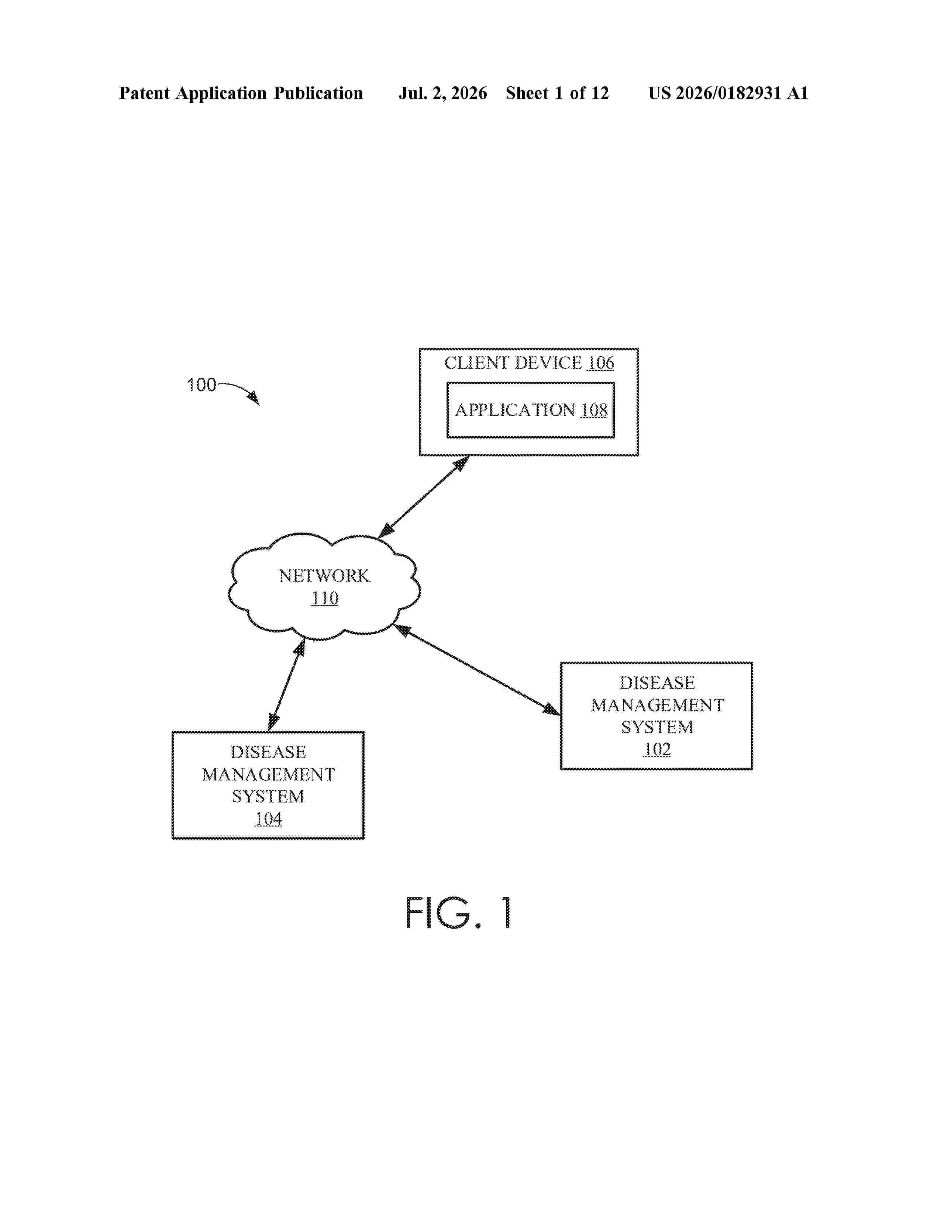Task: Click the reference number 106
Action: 600,363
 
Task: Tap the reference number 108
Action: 594,410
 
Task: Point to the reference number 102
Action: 657,749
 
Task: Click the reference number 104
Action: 269,819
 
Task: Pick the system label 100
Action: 201,385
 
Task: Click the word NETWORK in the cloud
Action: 324,576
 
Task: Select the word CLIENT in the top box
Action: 477,363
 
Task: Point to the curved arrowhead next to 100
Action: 254,398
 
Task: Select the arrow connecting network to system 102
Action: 477,669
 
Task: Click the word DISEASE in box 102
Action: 657,683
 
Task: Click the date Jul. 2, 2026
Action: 442,93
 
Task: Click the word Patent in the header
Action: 144,93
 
